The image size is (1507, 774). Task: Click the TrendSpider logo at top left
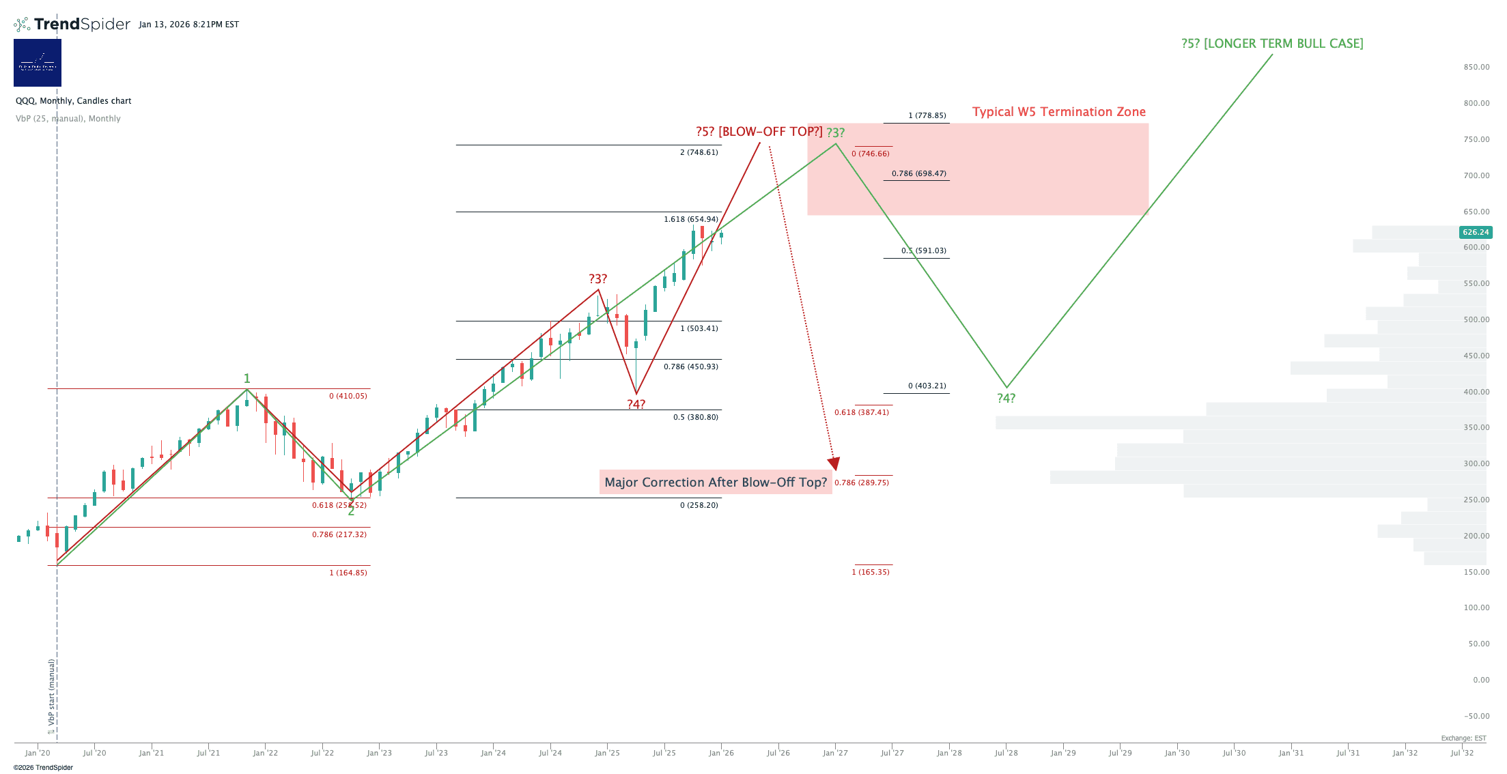pyautogui.click(x=72, y=25)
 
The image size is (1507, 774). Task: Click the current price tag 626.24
pyautogui.click(x=1475, y=232)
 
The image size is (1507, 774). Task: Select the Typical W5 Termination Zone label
pyautogui.click(x=1058, y=112)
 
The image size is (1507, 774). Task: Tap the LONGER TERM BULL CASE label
pyautogui.click(x=1272, y=44)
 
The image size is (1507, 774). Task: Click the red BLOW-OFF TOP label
pyautogui.click(x=759, y=132)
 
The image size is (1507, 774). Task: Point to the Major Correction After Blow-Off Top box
pyautogui.click(x=716, y=483)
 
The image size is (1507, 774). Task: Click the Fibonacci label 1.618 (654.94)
pyautogui.click(x=691, y=220)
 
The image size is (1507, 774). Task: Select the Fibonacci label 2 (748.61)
pyautogui.click(x=699, y=153)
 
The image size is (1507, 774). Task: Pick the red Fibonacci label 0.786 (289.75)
pyautogui.click(x=862, y=483)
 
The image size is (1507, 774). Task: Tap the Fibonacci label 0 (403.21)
pyautogui.click(x=927, y=386)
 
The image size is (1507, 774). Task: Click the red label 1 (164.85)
pyautogui.click(x=348, y=573)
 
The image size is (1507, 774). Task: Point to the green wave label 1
pyautogui.click(x=247, y=379)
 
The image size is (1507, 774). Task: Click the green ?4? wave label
pyautogui.click(x=1006, y=399)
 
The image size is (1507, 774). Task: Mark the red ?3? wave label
pyautogui.click(x=597, y=279)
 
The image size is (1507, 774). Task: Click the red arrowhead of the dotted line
pyautogui.click(x=834, y=464)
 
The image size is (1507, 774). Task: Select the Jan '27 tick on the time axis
pyautogui.click(x=835, y=754)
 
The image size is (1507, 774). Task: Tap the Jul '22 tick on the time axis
pyautogui.click(x=322, y=754)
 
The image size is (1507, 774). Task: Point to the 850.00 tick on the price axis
pyautogui.click(x=1476, y=68)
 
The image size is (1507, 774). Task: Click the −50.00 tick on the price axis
pyautogui.click(x=1476, y=717)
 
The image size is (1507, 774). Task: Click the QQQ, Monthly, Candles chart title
pyautogui.click(x=74, y=101)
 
